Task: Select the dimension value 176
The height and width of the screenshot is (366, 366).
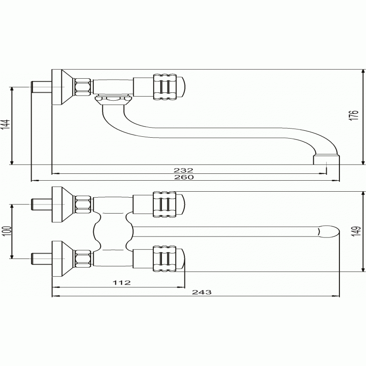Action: (354, 115)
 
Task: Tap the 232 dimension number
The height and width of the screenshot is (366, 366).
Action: (183, 170)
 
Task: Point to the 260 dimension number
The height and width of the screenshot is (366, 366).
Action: (184, 177)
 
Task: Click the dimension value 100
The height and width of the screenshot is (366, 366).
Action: (7, 231)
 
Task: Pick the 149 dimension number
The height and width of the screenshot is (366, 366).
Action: (356, 231)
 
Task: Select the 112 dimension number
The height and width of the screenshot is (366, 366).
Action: (122, 283)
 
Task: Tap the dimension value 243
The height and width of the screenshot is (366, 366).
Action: (202, 292)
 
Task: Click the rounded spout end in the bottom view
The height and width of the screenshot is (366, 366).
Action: (328, 231)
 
